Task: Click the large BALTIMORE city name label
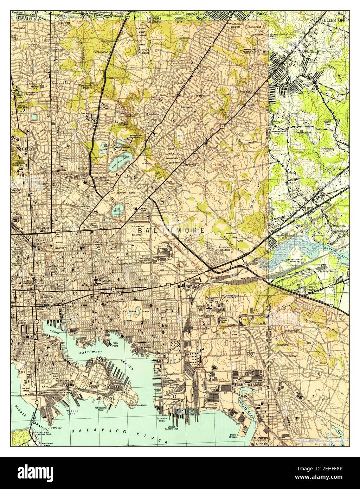click(172, 230)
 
